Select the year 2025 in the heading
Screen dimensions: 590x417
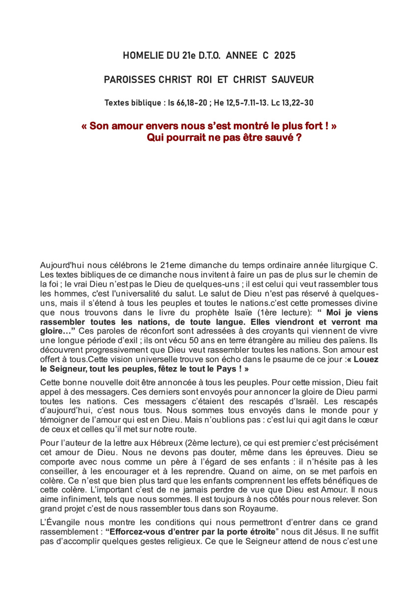point(285,56)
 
